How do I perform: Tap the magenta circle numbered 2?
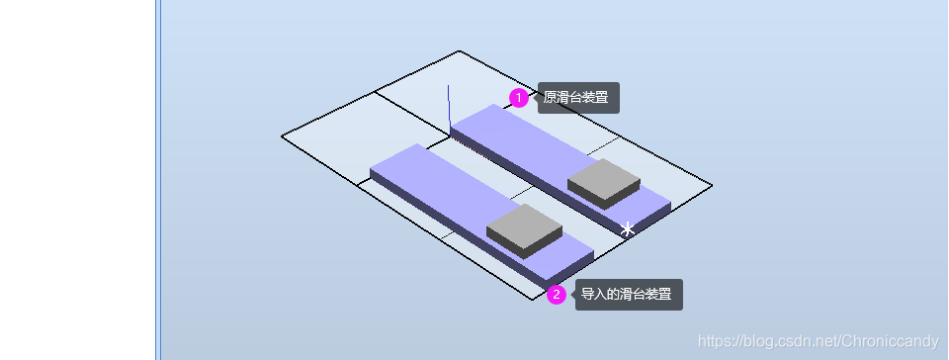click(557, 294)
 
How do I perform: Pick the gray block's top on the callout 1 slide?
click(603, 175)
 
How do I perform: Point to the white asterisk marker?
click(627, 229)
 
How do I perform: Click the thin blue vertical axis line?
click(450, 104)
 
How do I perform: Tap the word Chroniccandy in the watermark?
click(886, 341)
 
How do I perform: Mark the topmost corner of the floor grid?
click(460, 51)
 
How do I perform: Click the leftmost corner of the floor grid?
click(282, 136)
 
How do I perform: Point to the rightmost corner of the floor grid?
click(712, 184)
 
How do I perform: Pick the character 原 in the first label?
click(550, 98)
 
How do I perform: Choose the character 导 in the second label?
click(587, 294)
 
